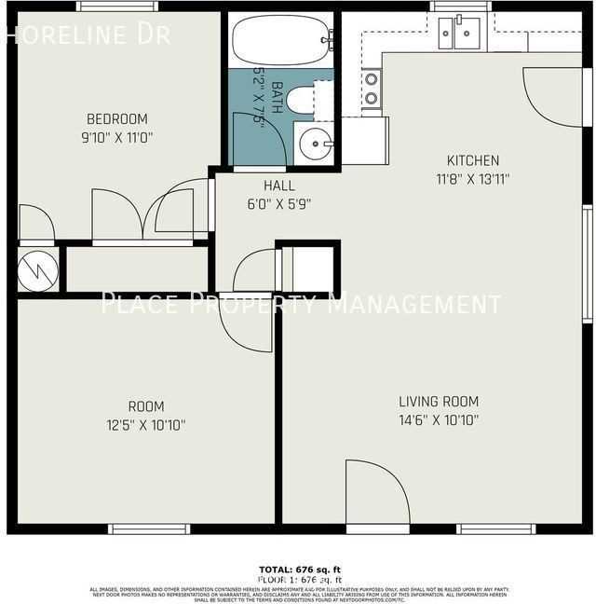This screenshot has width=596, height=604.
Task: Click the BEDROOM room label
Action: [x=117, y=118]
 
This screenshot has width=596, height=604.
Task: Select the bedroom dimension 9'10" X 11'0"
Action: [x=117, y=136]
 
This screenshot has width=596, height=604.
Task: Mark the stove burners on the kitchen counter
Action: [x=371, y=89]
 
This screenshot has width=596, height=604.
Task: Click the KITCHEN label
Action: [x=473, y=160]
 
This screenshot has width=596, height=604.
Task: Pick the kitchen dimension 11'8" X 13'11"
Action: [x=473, y=178]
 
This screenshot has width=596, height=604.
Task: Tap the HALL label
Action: [x=279, y=185]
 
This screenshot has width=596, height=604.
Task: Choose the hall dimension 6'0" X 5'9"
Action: [x=279, y=202]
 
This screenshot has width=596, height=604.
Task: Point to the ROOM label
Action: [x=146, y=406]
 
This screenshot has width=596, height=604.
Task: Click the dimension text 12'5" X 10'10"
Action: [x=146, y=425]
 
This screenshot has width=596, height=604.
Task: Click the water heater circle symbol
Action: [x=38, y=270]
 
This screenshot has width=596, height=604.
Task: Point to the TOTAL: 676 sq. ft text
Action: [x=298, y=569]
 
